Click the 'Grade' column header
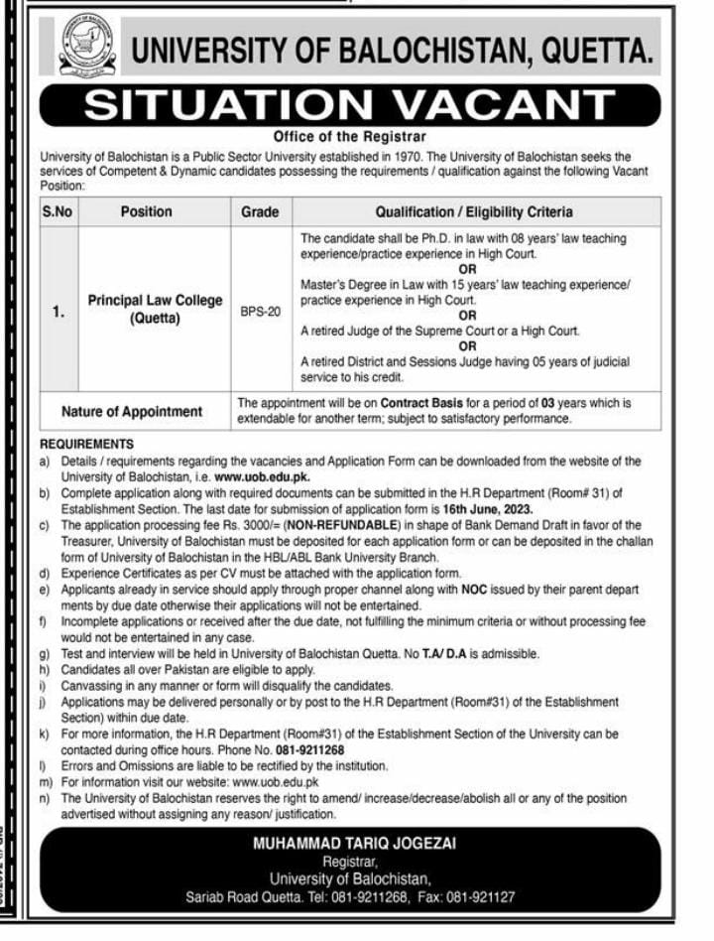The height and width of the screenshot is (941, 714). click(x=260, y=211)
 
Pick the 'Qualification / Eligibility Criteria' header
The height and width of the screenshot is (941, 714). click(x=473, y=211)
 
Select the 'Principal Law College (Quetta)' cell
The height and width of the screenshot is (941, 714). click(x=155, y=309)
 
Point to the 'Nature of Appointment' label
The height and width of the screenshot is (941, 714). click(x=132, y=411)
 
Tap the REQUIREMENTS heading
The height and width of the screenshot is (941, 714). click(x=86, y=444)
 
